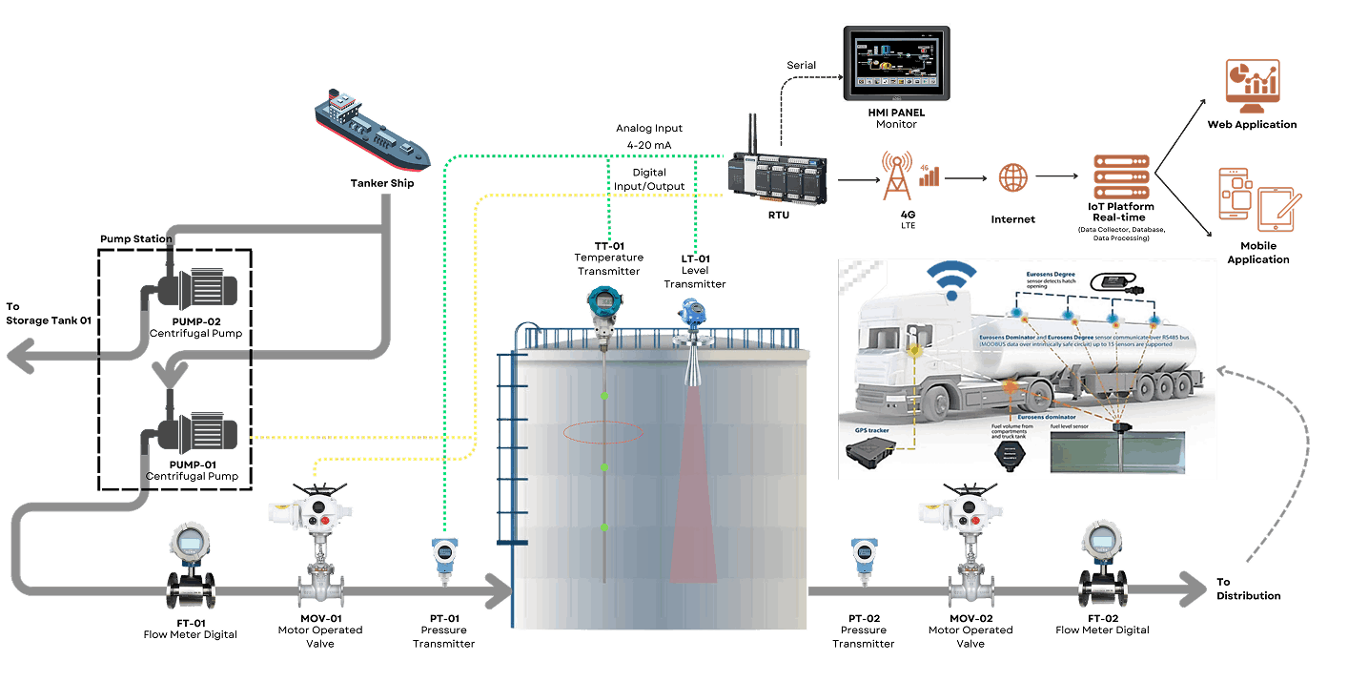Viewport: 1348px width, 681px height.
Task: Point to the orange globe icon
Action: pos(1013,177)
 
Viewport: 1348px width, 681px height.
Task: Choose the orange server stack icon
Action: pos(1121,177)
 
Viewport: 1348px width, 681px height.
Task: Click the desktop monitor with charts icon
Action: pos(1252,86)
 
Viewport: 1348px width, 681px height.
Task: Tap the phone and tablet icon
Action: pos(1256,199)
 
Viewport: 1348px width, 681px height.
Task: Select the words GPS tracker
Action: pos(873,431)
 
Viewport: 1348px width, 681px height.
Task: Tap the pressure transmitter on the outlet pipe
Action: pos(863,559)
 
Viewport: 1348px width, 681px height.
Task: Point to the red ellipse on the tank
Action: pos(603,432)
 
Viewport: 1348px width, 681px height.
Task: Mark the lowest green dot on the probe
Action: pos(603,527)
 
